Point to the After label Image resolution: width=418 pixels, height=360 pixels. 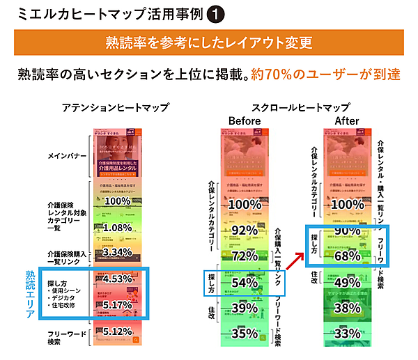[x=347, y=120]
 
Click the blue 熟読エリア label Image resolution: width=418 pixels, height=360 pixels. [x=29, y=295]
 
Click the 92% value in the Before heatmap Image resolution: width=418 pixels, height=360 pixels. [x=244, y=230]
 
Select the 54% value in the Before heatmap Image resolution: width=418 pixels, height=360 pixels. [x=244, y=282]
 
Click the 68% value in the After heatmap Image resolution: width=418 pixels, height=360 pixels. [x=346, y=256]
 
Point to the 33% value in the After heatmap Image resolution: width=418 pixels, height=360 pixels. [x=346, y=334]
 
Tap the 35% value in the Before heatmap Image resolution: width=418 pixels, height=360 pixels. [x=244, y=333]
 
